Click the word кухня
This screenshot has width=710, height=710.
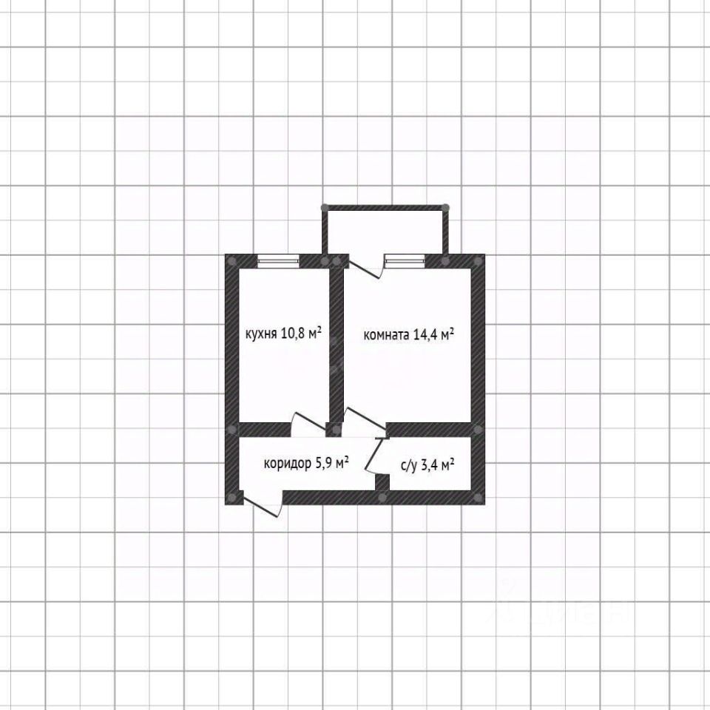[x=260, y=334]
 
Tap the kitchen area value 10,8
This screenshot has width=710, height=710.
[x=294, y=334]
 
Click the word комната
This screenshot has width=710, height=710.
[x=386, y=335]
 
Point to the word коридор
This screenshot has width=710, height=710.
[x=287, y=464]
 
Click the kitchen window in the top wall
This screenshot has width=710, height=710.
[x=278, y=260]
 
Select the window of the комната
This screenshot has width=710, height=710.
[x=405, y=260]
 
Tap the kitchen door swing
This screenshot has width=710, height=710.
[x=305, y=425]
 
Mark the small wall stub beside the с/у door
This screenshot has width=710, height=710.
[x=382, y=482]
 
